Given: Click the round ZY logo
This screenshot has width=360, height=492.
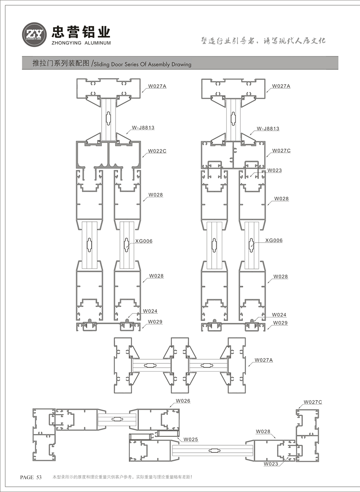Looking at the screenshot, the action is point(34,34).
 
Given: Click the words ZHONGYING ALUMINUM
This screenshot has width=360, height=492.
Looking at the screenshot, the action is point(81,43).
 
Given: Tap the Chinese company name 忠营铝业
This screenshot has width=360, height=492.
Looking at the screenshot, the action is point(81,32).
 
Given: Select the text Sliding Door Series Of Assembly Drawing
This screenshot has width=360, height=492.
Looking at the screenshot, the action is point(142,64).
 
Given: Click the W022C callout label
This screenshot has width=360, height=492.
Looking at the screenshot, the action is point(157,151).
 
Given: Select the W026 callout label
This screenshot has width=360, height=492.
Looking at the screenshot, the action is point(183,401).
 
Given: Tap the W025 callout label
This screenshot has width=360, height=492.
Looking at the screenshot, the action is point(191,440).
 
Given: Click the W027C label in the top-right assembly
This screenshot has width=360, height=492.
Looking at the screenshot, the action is point(281,150).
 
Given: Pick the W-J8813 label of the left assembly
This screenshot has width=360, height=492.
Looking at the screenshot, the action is point(143,127).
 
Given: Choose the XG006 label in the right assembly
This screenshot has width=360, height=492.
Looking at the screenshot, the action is point(274,240).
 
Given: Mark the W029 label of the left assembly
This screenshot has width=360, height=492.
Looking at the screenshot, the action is point(155,322).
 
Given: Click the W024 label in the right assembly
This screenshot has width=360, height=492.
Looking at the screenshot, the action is point(279,315).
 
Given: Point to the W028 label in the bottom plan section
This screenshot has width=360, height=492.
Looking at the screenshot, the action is point(263,431).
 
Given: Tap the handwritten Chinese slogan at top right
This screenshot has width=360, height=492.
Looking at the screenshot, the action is point(263,41).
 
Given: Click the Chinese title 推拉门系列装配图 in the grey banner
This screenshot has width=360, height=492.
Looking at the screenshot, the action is point(61,63).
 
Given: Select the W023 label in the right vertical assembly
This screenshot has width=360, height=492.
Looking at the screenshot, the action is point(274,170).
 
